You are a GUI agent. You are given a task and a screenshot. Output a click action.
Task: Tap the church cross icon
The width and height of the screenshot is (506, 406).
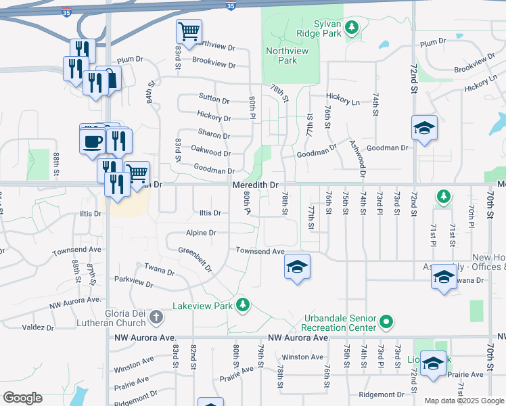[156, 317]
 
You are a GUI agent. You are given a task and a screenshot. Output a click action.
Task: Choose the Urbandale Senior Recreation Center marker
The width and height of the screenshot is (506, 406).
[387, 321]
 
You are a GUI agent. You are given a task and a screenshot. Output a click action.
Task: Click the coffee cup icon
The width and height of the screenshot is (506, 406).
[92, 141]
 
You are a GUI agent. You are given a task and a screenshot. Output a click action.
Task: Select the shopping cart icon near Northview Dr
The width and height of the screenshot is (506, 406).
[189, 30]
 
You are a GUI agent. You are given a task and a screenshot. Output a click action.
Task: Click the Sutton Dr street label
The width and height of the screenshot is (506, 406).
[214, 98]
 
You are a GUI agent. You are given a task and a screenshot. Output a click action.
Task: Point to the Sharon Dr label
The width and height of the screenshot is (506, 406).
[214, 133]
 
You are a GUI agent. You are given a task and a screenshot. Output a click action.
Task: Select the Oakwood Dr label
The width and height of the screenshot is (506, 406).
[211, 153]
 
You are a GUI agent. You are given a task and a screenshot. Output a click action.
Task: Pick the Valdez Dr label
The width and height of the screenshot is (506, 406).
[38, 328]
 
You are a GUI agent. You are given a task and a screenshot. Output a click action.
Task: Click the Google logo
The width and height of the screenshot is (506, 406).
[22, 398]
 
